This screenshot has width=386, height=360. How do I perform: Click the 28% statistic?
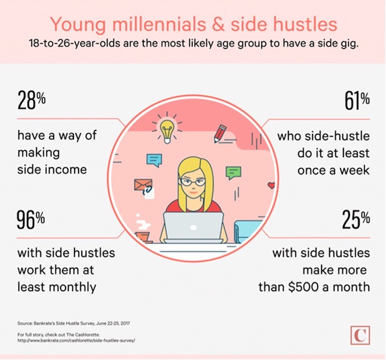pyautogui.click(x=32, y=100)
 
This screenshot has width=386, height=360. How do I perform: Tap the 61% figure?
pyautogui.click(x=357, y=100)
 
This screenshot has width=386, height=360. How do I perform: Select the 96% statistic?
pyautogui.click(x=31, y=220)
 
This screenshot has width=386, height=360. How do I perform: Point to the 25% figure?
pyautogui.click(x=356, y=219)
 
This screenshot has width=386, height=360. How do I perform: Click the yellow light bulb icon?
pyautogui.click(x=167, y=131)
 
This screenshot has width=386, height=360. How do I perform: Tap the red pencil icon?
pyautogui.click(x=220, y=133)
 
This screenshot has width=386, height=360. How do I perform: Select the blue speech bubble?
pyautogui.click(x=154, y=160)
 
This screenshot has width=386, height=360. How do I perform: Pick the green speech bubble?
pyautogui.click(x=234, y=173)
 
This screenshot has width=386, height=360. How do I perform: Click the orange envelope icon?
pyautogui.click(x=143, y=185)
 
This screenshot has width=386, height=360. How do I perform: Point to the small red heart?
pyautogui.click(x=271, y=185)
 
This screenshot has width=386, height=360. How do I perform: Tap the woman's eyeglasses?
pyautogui.click(x=192, y=182)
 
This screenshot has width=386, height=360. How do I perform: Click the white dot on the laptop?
pyautogui.click(x=194, y=227)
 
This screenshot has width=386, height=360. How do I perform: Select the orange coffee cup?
pyautogui.click(x=143, y=237)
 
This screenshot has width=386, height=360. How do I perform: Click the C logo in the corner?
pyautogui.click(x=360, y=336)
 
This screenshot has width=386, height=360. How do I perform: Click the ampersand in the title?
pyautogui.click(x=218, y=24)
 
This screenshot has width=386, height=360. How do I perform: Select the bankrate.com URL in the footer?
pyautogui.click(x=76, y=341)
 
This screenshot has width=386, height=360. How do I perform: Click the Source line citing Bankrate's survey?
pyautogui.click(x=73, y=323)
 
